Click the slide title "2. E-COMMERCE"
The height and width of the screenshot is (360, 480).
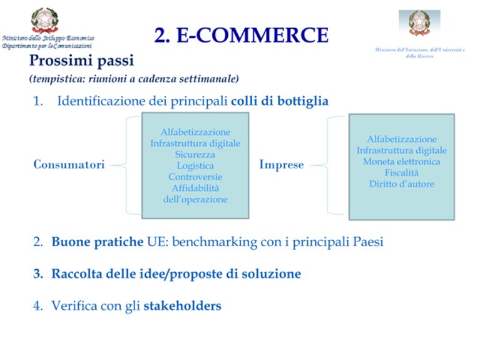[x=241, y=35]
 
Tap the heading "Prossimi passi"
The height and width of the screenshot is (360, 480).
[x=81, y=60]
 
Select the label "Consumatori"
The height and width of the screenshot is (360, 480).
[x=69, y=165]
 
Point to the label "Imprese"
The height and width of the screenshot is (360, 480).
[x=282, y=165]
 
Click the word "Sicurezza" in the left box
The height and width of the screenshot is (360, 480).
[x=195, y=155]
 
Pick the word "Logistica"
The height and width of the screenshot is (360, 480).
[x=195, y=166]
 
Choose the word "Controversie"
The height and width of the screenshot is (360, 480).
[x=195, y=177]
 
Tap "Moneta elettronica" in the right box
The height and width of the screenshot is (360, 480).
[x=402, y=162]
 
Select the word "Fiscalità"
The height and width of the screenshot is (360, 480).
[x=402, y=173]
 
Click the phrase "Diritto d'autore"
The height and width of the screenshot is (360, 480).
[x=402, y=184]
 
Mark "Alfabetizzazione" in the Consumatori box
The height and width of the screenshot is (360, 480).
[x=195, y=132]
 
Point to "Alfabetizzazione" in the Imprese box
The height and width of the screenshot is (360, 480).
[x=402, y=139]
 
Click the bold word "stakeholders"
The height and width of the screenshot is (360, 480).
[x=183, y=306]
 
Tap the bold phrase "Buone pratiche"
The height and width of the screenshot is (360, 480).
[x=98, y=242]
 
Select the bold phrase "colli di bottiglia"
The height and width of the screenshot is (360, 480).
[x=280, y=101]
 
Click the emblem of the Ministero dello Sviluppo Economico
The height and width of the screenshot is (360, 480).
[x=44, y=20]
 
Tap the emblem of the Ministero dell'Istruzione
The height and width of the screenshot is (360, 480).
[x=419, y=23]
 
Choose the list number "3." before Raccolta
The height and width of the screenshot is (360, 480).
[x=38, y=274]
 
